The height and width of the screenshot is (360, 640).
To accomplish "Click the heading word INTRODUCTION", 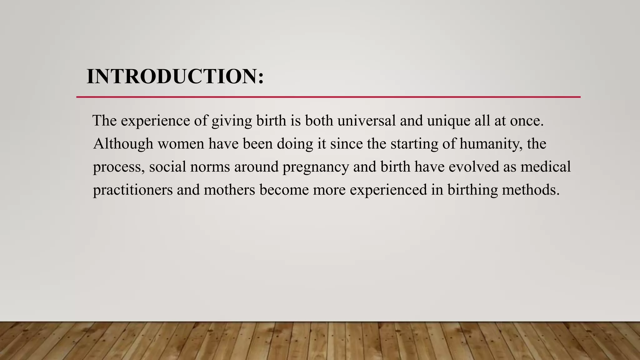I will coord(175,77).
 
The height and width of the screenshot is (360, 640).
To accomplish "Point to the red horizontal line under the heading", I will coord(328,97).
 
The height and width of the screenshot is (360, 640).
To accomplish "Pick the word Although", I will coord(123,144).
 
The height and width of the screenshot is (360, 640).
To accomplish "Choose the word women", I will coord(181,144).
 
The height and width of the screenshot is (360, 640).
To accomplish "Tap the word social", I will coord(167,167).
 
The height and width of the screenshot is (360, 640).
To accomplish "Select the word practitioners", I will coord(133,190).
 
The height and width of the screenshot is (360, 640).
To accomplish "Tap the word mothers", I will coord(229,190).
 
